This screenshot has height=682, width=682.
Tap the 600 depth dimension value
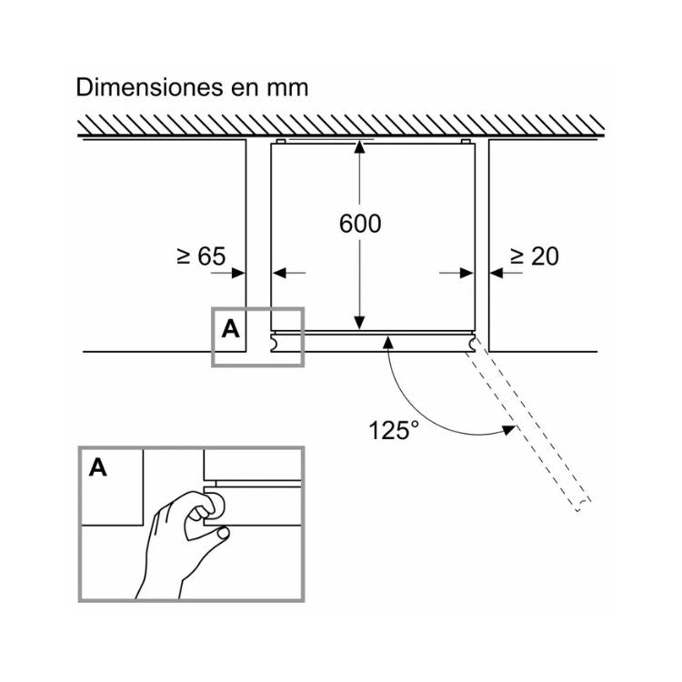360,224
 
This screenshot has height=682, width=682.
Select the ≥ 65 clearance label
201,256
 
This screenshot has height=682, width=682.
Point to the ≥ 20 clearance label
534,256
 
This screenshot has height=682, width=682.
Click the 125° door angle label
394,430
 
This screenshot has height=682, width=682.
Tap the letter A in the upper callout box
231,329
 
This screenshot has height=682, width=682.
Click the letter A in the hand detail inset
98,468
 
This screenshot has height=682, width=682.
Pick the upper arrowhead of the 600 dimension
359,147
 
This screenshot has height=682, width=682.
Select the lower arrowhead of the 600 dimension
359,322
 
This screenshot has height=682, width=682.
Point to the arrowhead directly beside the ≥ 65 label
238,273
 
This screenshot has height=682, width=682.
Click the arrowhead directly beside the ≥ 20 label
496,273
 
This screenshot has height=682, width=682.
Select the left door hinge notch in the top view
275,342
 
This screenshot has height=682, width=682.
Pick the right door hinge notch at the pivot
471,342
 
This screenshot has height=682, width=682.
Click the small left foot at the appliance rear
281,141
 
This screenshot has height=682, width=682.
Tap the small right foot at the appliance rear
466,141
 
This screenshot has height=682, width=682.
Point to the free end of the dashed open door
583,505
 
